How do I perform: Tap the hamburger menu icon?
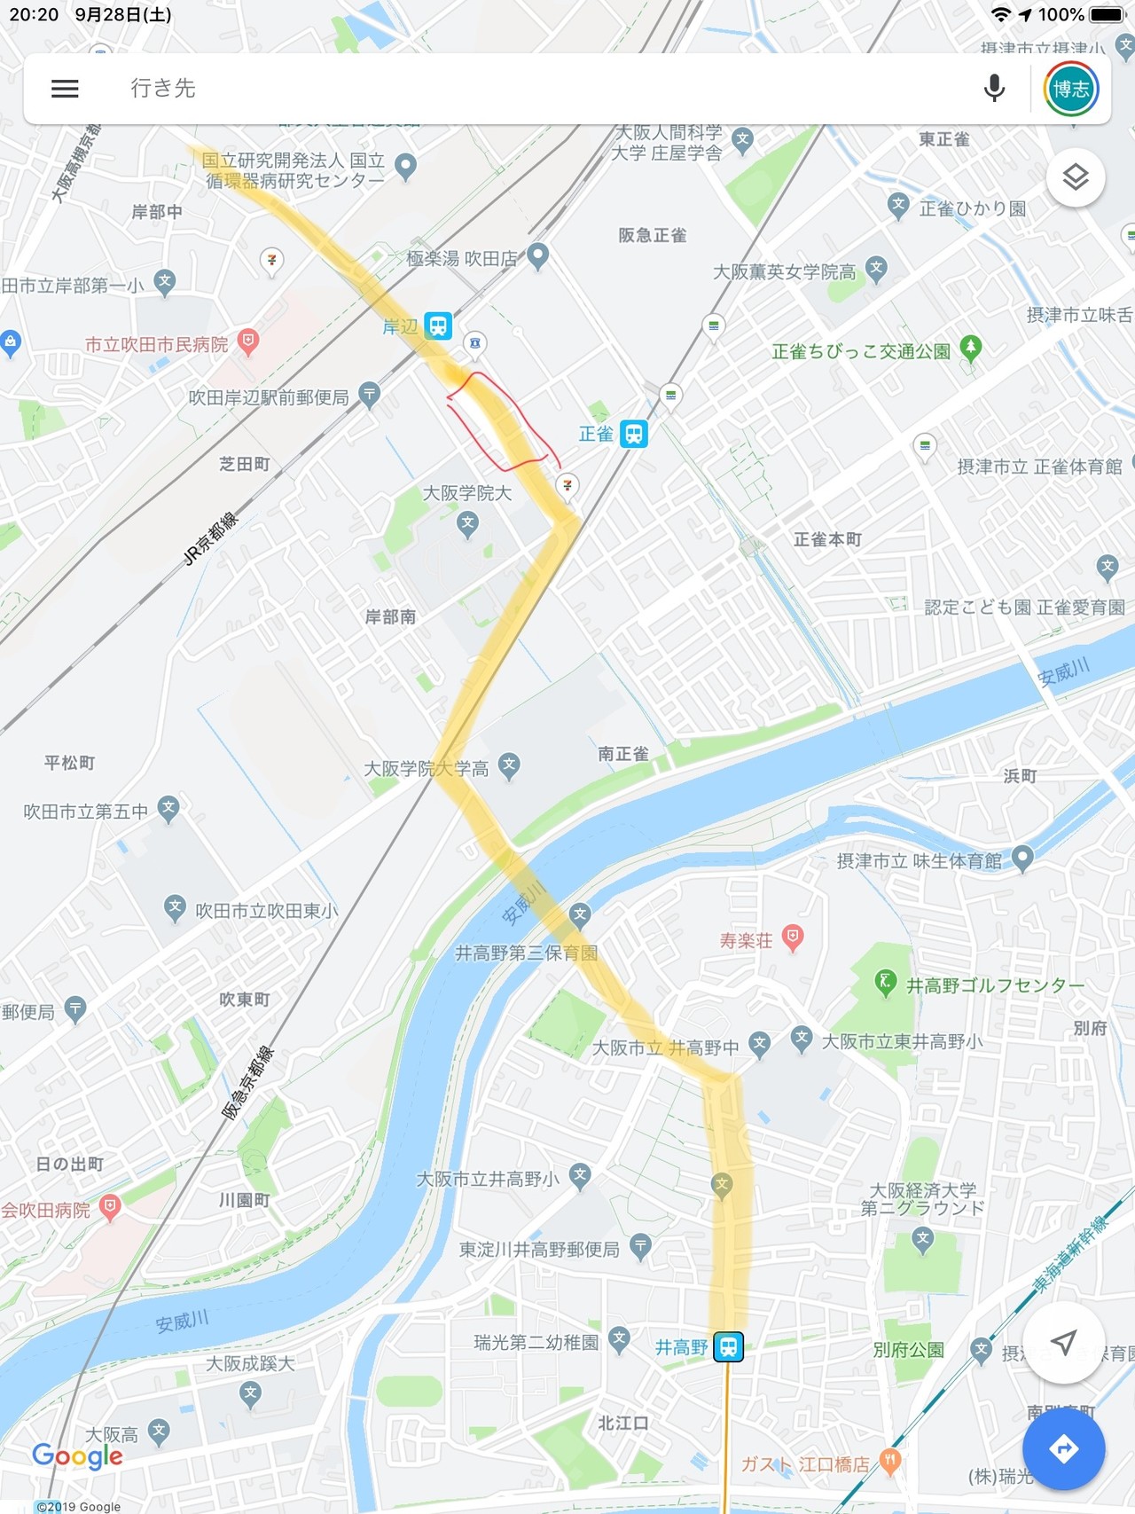[x=65, y=89]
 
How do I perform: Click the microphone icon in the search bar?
[x=995, y=89]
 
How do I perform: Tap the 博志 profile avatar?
[x=1071, y=90]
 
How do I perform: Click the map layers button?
[x=1076, y=177]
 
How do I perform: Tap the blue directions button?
[x=1063, y=1449]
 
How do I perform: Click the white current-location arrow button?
[x=1063, y=1343]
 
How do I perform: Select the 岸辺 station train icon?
[x=438, y=326]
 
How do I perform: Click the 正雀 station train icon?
[x=633, y=434]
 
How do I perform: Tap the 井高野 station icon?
[x=729, y=1347]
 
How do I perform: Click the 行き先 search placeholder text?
[x=163, y=89]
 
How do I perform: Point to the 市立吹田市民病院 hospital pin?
[x=249, y=342]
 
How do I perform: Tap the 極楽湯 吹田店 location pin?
[x=537, y=256]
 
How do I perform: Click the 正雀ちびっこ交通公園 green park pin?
[x=971, y=348]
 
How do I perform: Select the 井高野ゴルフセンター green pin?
[x=885, y=982]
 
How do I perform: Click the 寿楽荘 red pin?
[x=793, y=937]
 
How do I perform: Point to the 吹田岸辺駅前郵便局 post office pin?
[x=370, y=395]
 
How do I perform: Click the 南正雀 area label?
[x=622, y=754]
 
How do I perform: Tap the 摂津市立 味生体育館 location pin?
[x=1022, y=858]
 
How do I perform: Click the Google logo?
[x=77, y=1456]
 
